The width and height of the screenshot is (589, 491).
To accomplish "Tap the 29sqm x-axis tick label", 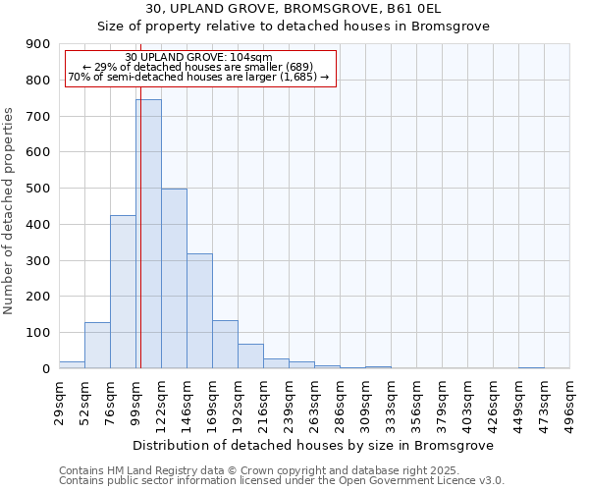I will pos(60,399).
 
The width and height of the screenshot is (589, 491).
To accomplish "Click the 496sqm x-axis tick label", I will pos(570,401).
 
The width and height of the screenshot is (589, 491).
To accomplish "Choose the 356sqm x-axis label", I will pos(417,401).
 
